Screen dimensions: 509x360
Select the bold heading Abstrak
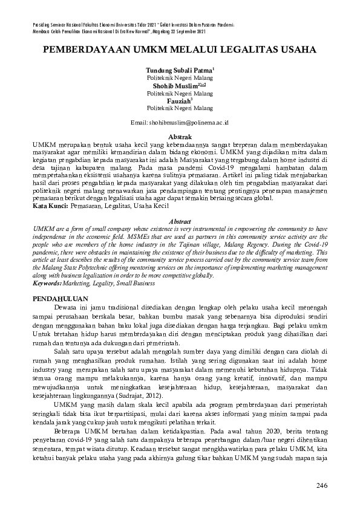tap(180, 137)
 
